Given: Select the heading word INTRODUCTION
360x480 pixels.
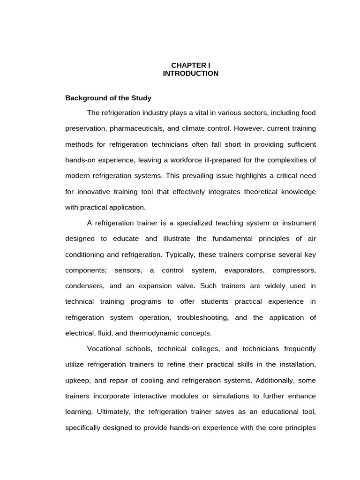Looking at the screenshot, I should coord(190,74).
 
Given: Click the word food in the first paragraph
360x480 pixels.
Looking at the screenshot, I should coord(308,113).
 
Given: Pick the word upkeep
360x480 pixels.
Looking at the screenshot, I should coord(76,380).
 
